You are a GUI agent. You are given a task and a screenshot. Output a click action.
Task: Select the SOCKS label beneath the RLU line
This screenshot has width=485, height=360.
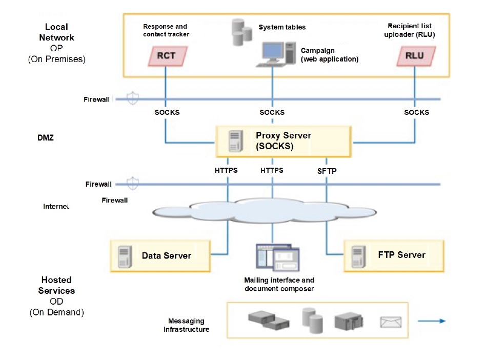416,112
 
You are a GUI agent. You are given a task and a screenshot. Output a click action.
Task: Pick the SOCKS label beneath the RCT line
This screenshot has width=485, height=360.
167,112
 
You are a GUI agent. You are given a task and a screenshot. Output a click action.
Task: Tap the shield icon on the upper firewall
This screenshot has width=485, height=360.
133,98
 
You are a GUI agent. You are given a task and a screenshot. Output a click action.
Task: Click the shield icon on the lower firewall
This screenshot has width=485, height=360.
133,184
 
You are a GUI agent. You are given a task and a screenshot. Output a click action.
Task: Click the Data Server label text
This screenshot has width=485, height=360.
166,255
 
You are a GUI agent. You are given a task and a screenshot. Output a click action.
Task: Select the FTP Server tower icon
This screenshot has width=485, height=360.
358,256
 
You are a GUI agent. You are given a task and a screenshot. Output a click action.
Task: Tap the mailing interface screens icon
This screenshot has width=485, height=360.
277,258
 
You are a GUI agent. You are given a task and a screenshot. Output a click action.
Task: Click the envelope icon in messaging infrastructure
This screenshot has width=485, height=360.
391,322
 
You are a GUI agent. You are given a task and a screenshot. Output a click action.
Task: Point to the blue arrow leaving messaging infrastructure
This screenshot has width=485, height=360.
431,321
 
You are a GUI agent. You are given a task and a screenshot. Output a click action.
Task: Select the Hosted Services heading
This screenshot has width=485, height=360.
56,285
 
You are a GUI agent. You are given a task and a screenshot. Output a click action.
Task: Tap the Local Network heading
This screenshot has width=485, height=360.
56,32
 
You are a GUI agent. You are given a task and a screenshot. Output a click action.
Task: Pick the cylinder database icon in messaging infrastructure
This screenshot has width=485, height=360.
312,320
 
